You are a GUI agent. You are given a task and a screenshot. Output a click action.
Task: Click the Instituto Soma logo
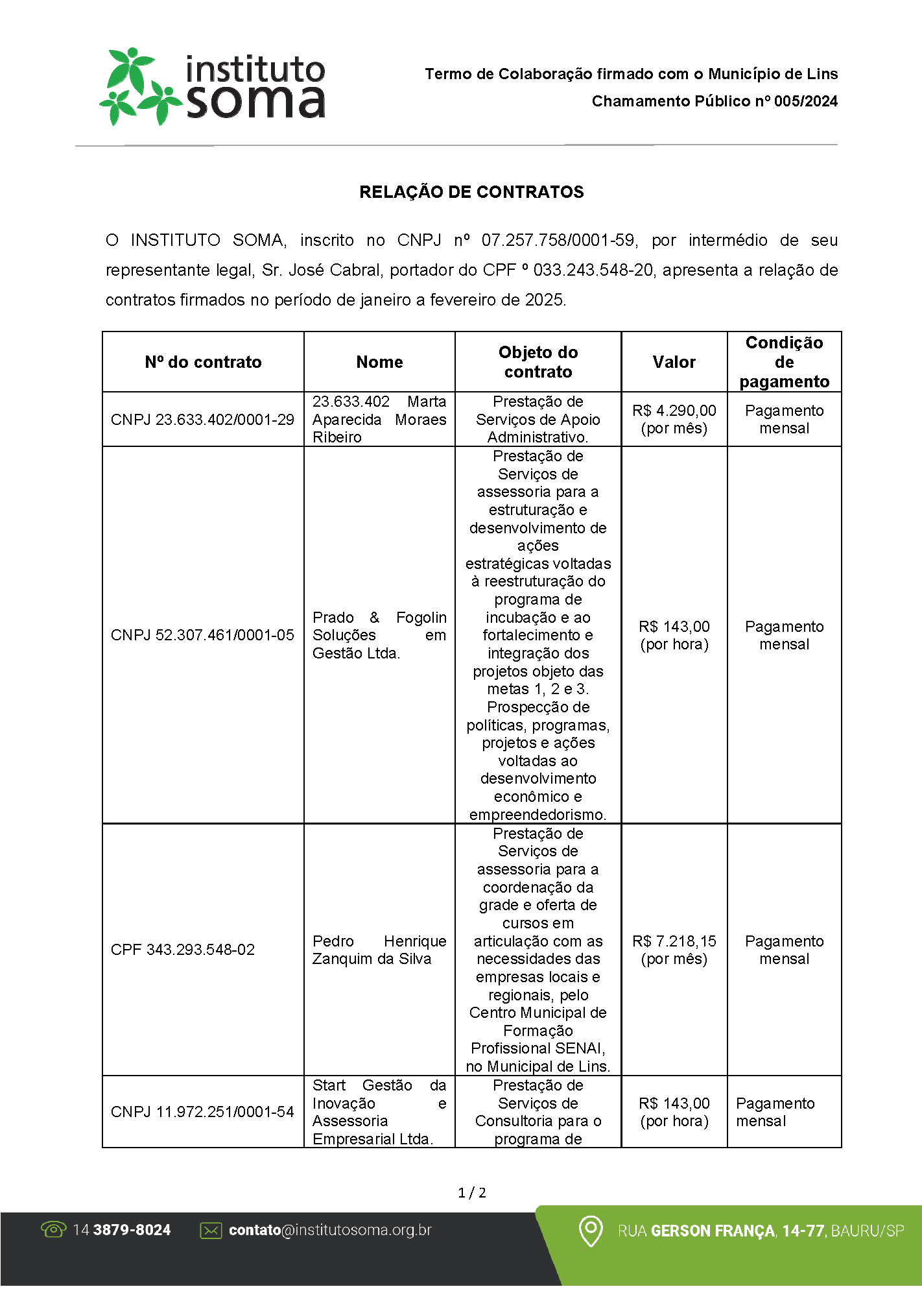[x=212, y=86]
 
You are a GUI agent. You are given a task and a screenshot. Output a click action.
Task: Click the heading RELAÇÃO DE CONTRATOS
[x=471, y=192]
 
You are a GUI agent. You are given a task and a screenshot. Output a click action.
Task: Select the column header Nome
[x=379, y=362]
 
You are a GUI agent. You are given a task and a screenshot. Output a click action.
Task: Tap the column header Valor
[x=674, y=362]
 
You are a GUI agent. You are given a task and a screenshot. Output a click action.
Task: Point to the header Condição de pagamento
[x=784, y=362]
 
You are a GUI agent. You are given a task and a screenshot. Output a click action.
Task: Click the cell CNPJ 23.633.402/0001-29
[x=202, y=420]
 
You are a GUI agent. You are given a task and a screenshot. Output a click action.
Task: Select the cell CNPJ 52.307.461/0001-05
[x=202, y=635]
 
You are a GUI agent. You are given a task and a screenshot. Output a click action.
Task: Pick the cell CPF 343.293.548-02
[x=183, y=950]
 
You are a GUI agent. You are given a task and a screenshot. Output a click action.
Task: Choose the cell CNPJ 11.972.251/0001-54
[x=202, y=1112]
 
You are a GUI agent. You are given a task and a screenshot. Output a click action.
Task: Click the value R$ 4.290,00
[x=674, y=411]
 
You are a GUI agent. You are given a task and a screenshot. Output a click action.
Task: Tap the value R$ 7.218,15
[x=674, y=941]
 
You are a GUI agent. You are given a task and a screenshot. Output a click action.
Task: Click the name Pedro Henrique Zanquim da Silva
[x=379, y=950]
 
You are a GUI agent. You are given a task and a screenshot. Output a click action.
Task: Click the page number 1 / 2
[x=471, y=1193]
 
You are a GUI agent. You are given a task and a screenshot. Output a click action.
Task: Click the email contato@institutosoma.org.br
[x=330, y=1230]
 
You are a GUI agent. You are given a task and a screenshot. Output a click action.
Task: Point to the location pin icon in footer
[x=590, y=1231]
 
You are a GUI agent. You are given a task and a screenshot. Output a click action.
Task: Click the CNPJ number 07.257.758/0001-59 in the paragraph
[x=558, y=241]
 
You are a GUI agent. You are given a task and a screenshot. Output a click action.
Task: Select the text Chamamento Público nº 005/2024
[x=714, y=101]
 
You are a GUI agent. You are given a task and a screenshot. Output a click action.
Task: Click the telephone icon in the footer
[x=53, y=1229]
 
